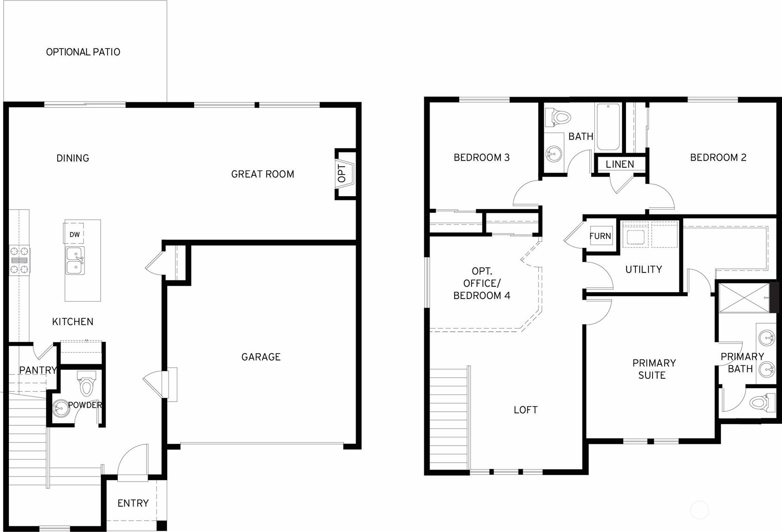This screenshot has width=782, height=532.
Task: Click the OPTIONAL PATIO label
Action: click(x=83, y=52)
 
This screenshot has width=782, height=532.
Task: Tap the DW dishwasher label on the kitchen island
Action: click(x=74, y=234)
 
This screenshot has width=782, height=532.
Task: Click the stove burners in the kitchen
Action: click(x=19, y=260)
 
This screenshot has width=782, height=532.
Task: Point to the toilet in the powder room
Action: click(x=86, y=384)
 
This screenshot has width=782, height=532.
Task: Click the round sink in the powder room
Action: click(x=60, y=409)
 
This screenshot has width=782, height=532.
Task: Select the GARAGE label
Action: click(x=261, y=357)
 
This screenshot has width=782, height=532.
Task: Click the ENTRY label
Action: click(x=133, y=503)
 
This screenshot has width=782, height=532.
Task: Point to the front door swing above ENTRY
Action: click(x=133, y=461)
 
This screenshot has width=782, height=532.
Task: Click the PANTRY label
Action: click(x=38, y=370)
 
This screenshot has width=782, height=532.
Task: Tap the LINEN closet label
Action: click(x=620, y=164)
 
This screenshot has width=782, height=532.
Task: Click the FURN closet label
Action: click(x=600, y=236)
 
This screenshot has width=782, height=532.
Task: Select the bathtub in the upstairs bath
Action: click(x=608, y=127)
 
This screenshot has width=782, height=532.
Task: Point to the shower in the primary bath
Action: click(x=744, y=298)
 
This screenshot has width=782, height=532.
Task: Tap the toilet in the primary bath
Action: click(x=761, y=402)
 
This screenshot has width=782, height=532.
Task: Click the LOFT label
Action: click(x=526, y=409)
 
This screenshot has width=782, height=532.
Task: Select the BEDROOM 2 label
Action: click(x=718, y=157)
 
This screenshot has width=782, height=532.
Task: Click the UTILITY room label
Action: click(x=643, y=269)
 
